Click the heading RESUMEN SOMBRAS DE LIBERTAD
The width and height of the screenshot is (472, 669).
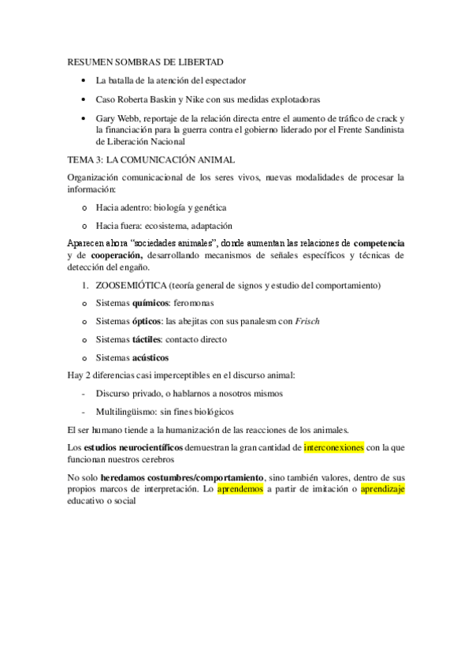146,62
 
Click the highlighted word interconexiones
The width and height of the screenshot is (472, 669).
334,447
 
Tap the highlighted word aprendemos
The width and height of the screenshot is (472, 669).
240,488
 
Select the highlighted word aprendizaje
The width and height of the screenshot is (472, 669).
382,488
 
